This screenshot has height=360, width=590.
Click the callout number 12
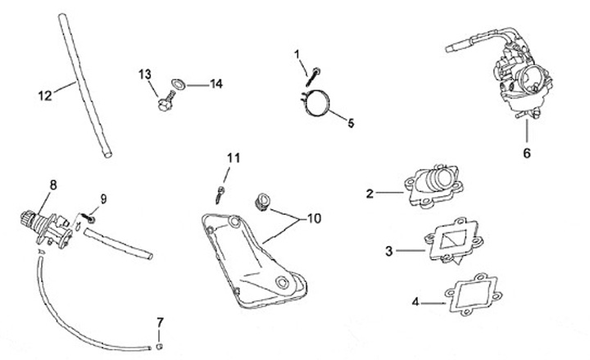tap(44, 94)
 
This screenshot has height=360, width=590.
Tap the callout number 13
tap(145, 75)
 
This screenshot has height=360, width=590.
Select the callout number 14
tap(216, 84)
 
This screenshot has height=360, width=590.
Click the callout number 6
tap(527, 153)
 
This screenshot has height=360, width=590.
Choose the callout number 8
tap(54, 185)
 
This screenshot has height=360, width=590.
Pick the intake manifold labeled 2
tap(433, 186)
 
